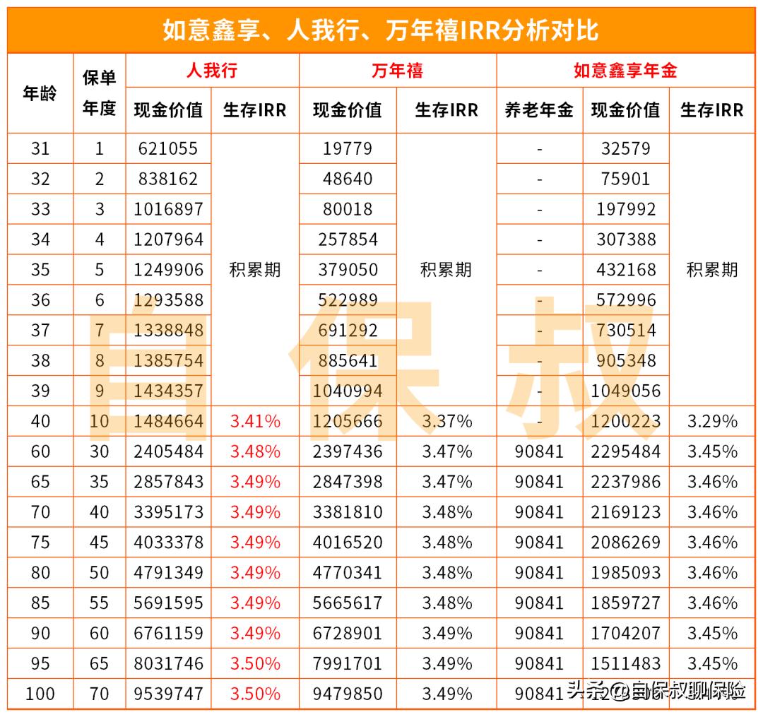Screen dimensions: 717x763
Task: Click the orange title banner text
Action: click(x=381, y=30)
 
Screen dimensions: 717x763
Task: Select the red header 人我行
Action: click(x=212, y=71)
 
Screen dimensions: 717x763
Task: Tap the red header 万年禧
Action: click(x=397, y=71)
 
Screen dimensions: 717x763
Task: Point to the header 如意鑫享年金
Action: click(x=625, y=71)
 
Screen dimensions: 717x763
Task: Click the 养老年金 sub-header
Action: click(x=539, y=110)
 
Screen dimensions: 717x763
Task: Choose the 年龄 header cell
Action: click(x=40, y=93)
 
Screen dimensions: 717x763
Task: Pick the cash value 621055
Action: click(x=168, y=148)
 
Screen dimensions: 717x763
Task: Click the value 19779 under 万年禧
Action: click(x=348, y=148)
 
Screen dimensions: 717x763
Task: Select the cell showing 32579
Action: click(x=626, y=148)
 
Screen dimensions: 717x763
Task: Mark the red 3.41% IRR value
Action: click(x=255, y=422)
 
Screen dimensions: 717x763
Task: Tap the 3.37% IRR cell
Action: click(x=446, y=422)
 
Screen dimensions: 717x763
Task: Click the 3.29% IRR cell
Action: click(x=712, y=422)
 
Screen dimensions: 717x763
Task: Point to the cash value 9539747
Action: click(x=168, y=694)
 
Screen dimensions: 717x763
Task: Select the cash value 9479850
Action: click(x=348, y=694)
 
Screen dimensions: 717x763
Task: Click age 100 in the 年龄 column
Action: click(x=40, y=694)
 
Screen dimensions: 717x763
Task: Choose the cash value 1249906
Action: click(x=168, y=270)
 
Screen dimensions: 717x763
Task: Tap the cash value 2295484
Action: click(x=626, y=451)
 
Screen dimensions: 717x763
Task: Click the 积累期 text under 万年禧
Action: click(x=446, y=270)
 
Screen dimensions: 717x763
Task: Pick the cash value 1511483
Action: click(x=626, y=663)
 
